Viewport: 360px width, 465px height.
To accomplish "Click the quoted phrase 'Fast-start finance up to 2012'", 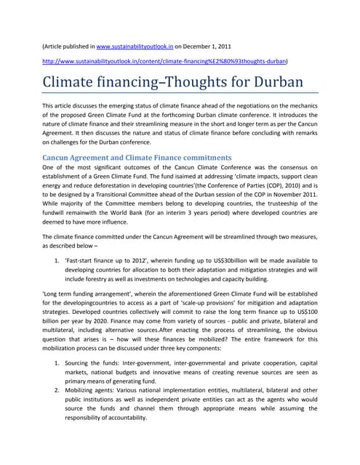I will (x=97, y=258).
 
